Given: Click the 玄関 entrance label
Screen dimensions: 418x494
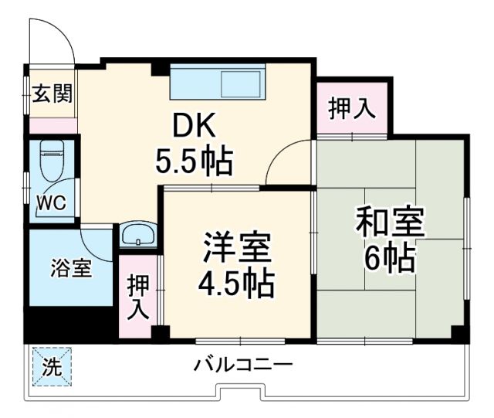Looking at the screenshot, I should [52, 94].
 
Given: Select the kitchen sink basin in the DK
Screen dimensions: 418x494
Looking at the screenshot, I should [242, 84].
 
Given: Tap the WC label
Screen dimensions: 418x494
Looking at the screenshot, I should [52, 203].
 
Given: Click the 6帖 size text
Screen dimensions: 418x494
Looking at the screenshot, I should [390, 258].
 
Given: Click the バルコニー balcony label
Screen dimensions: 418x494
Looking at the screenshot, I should [242, 363].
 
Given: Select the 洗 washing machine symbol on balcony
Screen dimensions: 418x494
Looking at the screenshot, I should [51, 368].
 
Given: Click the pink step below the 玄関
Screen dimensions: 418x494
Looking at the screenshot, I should [52, 126].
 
